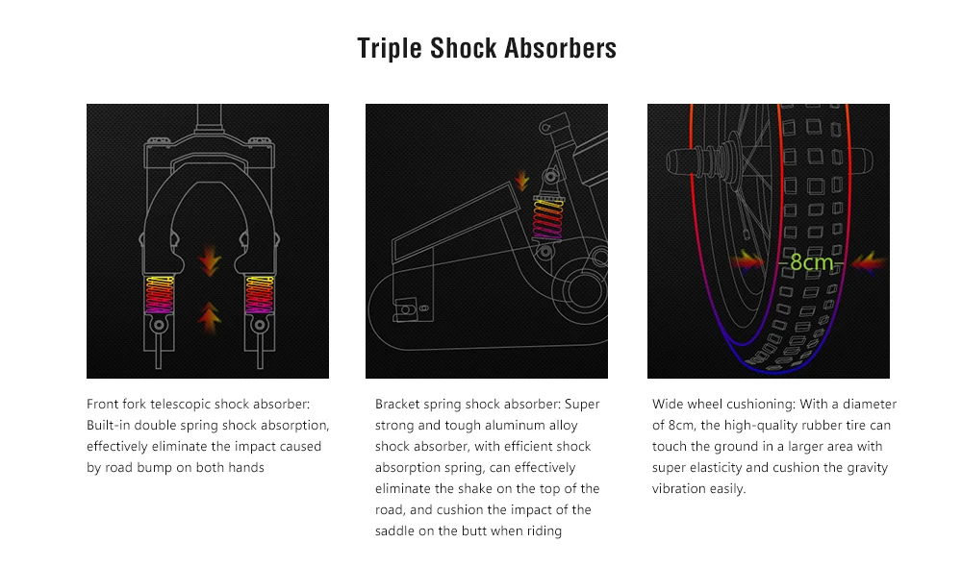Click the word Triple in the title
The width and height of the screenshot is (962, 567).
pyautogui.click(x=390, y=48)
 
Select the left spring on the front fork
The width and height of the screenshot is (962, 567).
pyautogui.click(x=160, y=295)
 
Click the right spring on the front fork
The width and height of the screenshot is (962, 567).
pyautogui.click(x=260, y=295)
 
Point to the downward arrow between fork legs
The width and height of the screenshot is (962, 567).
pyautogui.click(x=210, y=260)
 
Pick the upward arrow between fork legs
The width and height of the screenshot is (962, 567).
pyautogui.click(x=209, y=317)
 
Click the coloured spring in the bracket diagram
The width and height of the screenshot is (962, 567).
pyautogui.click(x=548, y=217)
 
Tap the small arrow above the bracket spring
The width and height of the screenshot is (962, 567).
pyautogui.click(x=522, y=181)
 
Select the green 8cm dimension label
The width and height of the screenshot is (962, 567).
pyautogui.click(x=811, y=262)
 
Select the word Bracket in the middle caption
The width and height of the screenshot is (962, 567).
pyautogui.click(x=396, y=404)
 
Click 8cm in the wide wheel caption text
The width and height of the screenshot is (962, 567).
pyautogui.click(x=680, y=426)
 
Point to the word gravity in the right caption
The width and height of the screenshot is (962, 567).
pyautogui.click(x=868, y=468)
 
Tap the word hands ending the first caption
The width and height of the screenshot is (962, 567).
pyautogui.click(x=245, y=468)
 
